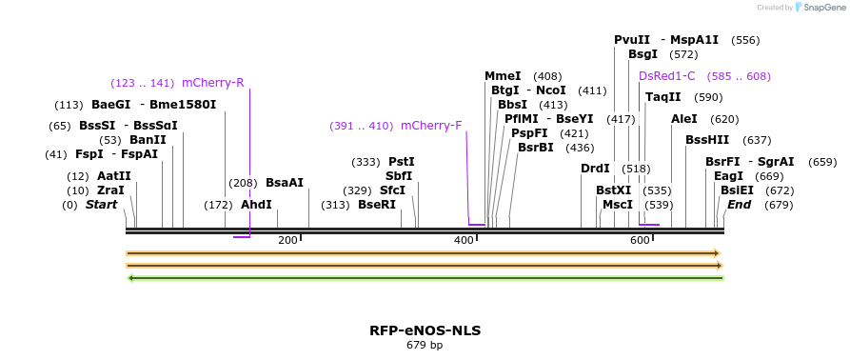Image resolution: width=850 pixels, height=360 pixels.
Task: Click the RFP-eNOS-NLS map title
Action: click(x=425, y=330)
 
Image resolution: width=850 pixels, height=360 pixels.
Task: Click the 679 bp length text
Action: click(x=425, y=345)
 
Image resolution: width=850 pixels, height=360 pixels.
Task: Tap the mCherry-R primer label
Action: click(x=212, y=83)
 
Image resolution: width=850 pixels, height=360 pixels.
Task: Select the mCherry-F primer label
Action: click(x=431, y=126)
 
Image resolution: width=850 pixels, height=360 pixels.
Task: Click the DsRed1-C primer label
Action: click(x=667, y=76)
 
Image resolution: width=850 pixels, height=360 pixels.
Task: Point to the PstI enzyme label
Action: click(x=402, y=162)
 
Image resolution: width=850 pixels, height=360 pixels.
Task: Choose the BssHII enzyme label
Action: click(x=706, y=140)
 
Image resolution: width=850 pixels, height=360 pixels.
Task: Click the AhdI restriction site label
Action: click(x=256, y=205)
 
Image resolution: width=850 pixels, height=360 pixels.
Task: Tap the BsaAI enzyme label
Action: click(x=285, y=183)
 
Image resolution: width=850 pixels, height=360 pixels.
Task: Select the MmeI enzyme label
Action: click(x=503, y=76)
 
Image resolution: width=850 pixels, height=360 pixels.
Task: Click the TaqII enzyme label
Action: click(x=663, y=97)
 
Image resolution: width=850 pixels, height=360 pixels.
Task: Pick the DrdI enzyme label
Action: click(x=595, y=169)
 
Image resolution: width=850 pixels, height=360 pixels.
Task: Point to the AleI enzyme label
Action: click(x=684, y=119)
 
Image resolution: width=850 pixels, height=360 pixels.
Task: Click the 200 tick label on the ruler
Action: click(x=287, y=241)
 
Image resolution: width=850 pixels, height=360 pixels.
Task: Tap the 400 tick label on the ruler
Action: click(x=464, y=241)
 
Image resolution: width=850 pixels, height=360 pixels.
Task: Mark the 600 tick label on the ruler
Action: click(x=640, y=241)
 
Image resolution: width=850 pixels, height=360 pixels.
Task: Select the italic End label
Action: click(x=740, y=205)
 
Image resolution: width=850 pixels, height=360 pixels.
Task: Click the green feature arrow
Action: click(x=425, y=278)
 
